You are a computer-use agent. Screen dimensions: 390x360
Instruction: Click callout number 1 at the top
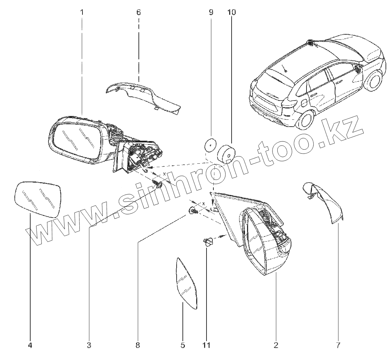pyautogui.click(x=82, y=13)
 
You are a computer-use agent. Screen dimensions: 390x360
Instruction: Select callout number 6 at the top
pyautogui.click(x=138, y=13)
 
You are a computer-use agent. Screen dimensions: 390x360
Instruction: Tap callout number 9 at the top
pyautogui.click(x=211, y=13)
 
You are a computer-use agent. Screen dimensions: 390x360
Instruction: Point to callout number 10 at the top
pyautogui.click(x=231, y=13)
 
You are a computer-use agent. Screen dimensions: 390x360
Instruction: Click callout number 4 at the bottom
pyautogui.click(x=30, y=345)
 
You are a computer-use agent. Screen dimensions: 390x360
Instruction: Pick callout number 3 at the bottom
pyautogui.click(x=89, y=345)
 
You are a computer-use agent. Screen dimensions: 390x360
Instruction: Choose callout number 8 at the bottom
pyautogui.click(x=138, y=345)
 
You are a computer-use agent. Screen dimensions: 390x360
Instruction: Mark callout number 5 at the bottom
pyautogui.click(x=183, y=345)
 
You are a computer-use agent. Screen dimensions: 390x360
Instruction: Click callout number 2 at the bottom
pyautogui.click(x=276, y=345)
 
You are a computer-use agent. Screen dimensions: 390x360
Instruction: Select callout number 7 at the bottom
pyautogui.click(x=338, y=345)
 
